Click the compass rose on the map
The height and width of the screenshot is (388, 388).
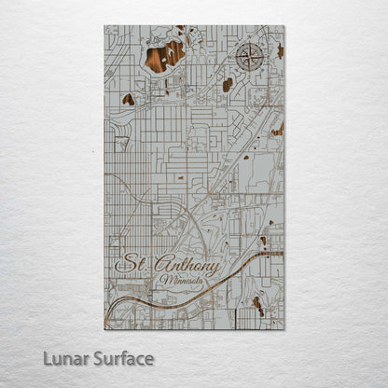(251, 59)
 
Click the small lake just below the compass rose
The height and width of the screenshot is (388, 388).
(228, 85)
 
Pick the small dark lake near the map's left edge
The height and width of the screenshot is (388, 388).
(128, 99)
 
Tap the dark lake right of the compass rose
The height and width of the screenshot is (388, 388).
(279, 50)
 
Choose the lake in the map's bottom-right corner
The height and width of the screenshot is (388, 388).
(257, 305)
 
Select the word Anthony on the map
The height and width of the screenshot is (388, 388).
(187, 266)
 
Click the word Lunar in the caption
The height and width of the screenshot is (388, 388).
(64, 358)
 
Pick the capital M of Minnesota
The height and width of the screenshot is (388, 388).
(164, 279)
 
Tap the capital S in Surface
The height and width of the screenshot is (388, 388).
(96, 358)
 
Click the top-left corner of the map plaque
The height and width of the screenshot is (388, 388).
(105, 26)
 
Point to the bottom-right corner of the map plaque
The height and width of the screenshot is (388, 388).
(284, 328)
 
